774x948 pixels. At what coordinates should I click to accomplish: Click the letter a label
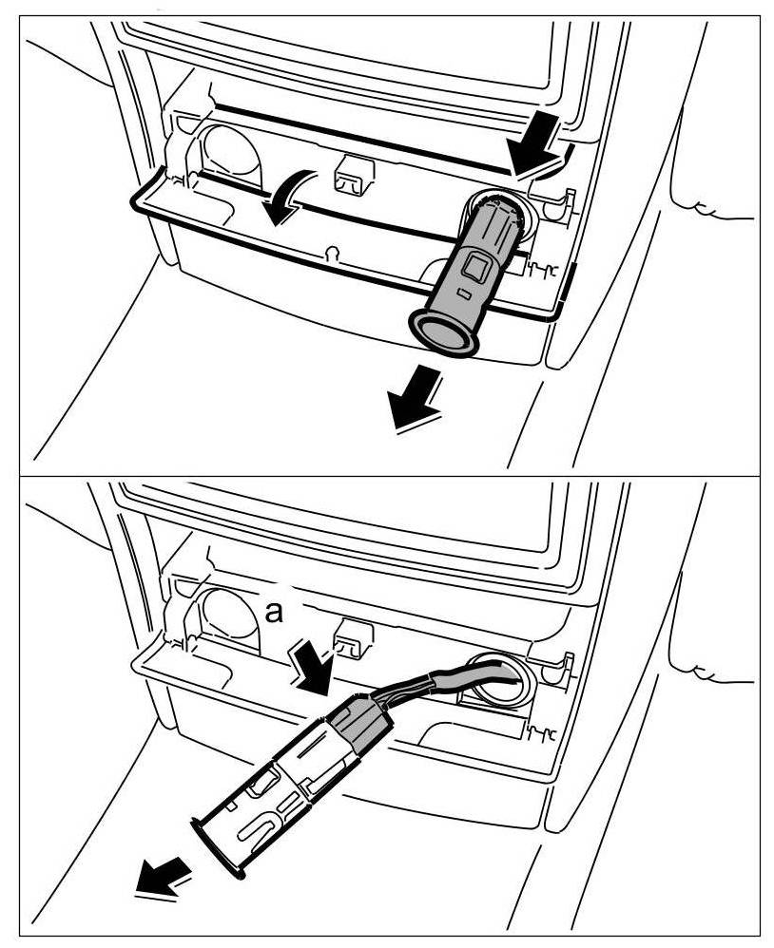274,615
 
